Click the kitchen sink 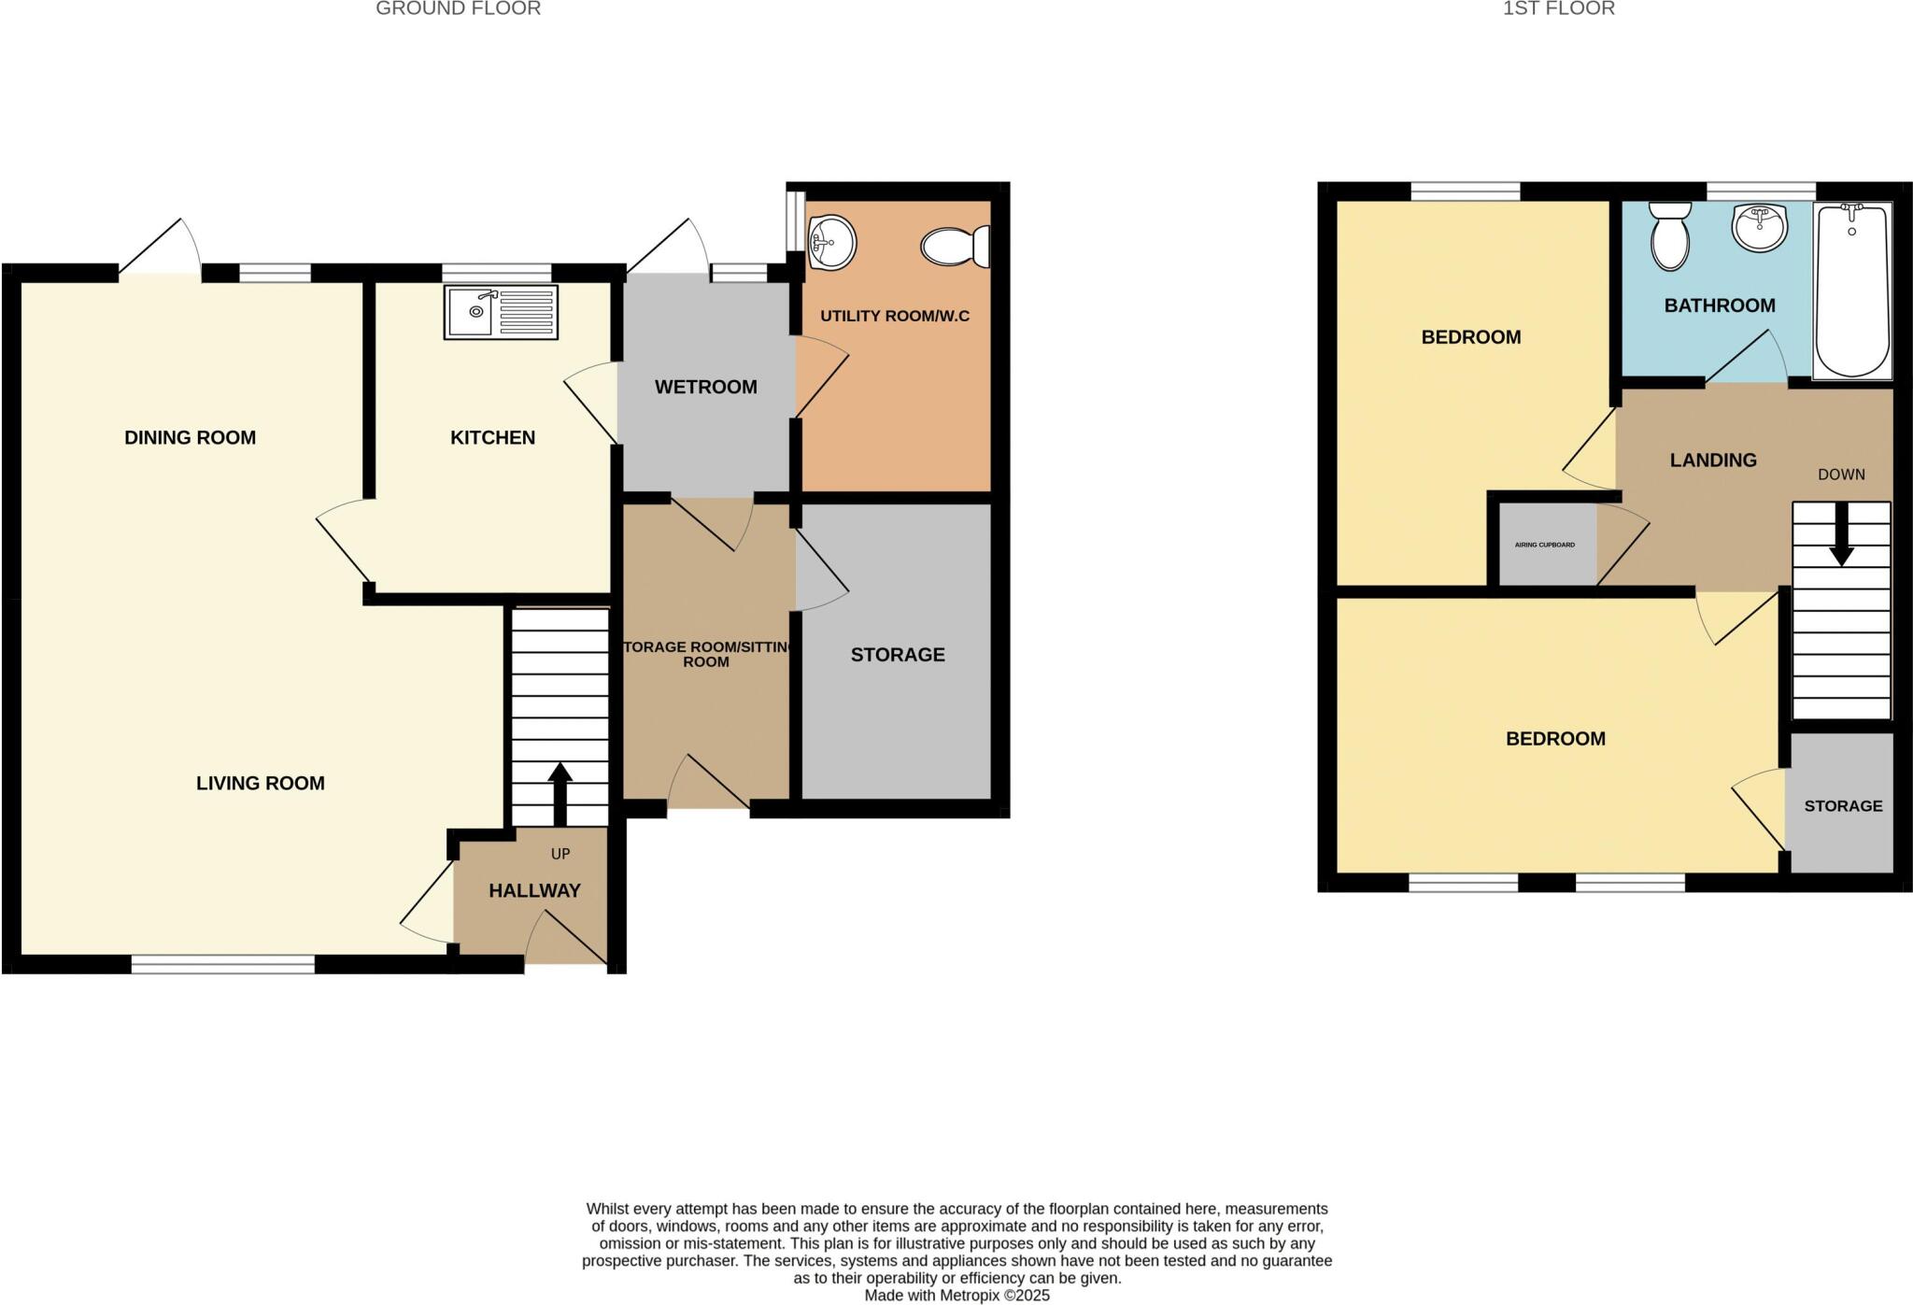coord(501,312)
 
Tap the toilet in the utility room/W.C coord(955,247)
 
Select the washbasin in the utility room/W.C coord(830,242)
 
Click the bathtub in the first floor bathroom coord(1852,291)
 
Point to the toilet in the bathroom coord(1670,236)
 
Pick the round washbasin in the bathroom coord(1760,227)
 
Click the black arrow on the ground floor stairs coord(560,793)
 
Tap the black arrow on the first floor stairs coord(1841,536)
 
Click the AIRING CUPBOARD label coord(1544,545)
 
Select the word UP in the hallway coord(560,854)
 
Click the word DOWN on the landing coord(1841,475)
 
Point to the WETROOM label coord(705,387)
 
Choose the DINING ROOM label coord(190,437)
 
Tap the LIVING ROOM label coord(260,784)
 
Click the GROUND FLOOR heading coord(458,9)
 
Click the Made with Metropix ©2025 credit coord(956,1296)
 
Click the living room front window coord(222,965)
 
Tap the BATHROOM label coord(1719,305)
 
